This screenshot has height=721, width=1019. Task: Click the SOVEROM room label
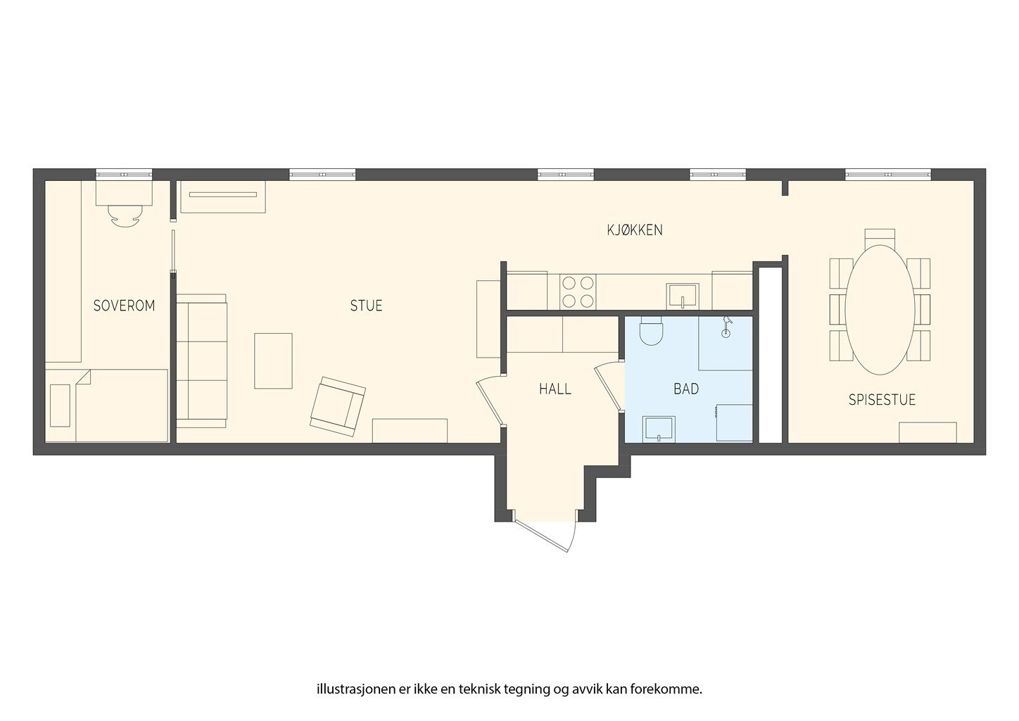[x=124, y=306]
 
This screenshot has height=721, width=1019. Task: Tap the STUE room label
[x=366, y=306]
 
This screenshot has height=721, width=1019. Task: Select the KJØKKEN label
[x=635, y=230]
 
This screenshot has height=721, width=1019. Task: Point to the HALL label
[x=555, y=389]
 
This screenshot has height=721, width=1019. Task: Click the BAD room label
[x=685, y=389]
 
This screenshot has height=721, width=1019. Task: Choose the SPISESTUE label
[x=881, y=400]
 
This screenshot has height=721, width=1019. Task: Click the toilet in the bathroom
[x=652, y=332]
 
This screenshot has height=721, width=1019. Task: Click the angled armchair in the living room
[x=338, y=404]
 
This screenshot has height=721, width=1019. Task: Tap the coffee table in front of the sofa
[x=273, y=360]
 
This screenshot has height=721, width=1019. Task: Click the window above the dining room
[x=887, y=174]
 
